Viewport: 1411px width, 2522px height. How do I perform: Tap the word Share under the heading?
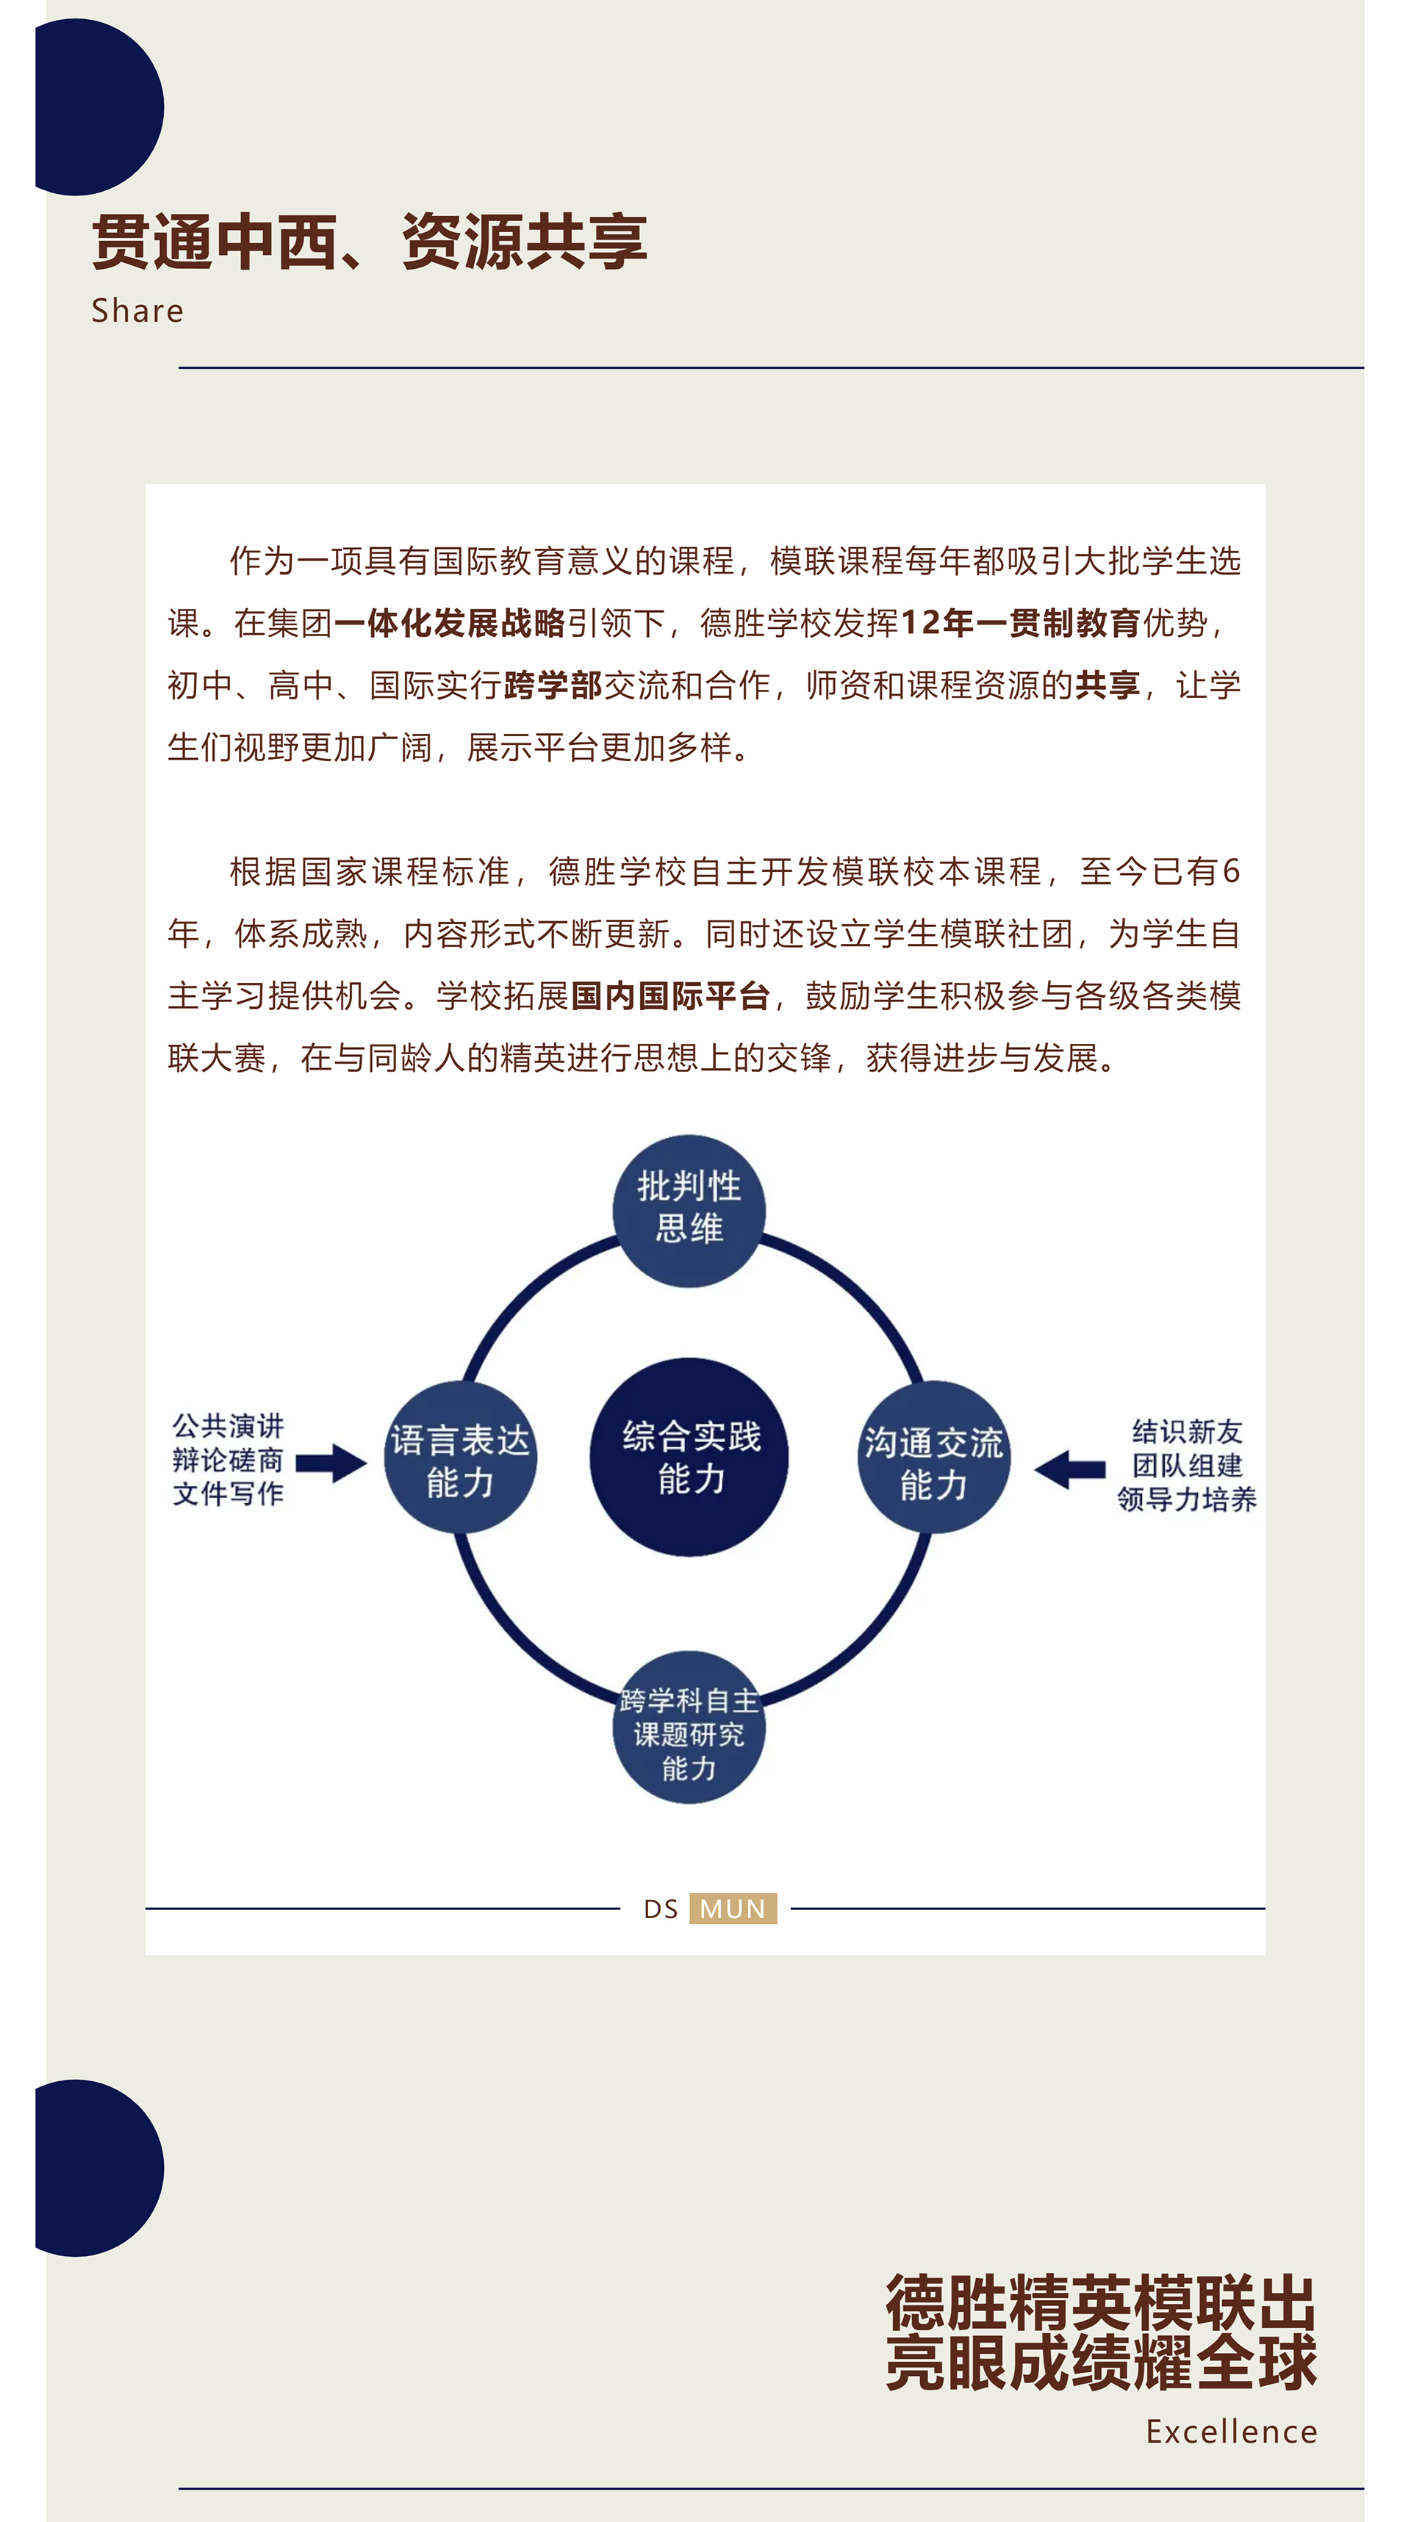click(x=137, y=310)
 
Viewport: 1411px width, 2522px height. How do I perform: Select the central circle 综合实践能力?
click(x=689, y=1457)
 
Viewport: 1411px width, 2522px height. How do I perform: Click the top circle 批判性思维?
click(x=689, y=1211)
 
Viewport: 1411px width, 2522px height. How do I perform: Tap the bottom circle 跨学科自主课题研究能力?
click(x=689, y=1727)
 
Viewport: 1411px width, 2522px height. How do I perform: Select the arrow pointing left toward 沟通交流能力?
click(x=1069, y=1469)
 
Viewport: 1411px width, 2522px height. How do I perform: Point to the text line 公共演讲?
click(x=228, y=1425)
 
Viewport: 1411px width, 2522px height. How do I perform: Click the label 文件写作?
click(x=228, y=1494)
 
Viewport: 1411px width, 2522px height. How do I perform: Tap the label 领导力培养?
click(x=1187, y=1499)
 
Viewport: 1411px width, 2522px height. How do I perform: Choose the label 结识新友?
click(x=1187, y=1431)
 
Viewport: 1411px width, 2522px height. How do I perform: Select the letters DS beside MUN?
click(x=661, y=1909)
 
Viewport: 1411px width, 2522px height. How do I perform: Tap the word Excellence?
click(x=1232, y=2432)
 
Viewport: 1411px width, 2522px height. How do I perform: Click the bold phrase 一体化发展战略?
click(x=450, y=623)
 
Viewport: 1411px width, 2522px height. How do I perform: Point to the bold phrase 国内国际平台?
click(x=671, y=995)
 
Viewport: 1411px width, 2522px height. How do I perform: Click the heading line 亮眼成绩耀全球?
click(x=1102, y=2363)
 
